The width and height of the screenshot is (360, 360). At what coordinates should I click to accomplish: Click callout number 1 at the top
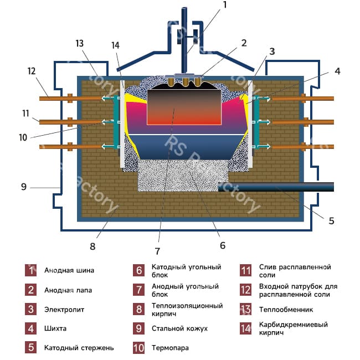click(x=225, y=6)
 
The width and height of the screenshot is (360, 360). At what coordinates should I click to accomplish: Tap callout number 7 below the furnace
click(x=157, y=241)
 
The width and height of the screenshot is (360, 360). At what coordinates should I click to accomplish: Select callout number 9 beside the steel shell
click(x=23, y=187)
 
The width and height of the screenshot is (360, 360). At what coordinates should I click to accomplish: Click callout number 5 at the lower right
click(x=331, y=220)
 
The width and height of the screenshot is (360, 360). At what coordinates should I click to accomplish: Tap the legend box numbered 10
click(x=139, y=348)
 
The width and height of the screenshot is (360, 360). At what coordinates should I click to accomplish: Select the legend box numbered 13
click(x=246, y=309)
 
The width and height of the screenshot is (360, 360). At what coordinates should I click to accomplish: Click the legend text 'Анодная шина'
click(x=69, y=271)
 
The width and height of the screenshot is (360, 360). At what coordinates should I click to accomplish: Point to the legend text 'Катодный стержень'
click(x=79, y=348)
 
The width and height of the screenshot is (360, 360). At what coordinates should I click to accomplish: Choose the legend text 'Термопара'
click(x=170, y=348)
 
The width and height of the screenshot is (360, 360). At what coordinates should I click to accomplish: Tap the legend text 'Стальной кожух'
click(x=180, y=328)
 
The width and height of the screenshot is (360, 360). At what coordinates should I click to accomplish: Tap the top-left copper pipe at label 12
click(x=55, y=98)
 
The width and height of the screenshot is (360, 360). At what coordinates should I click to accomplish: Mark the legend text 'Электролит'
click(x=64, y=309)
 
